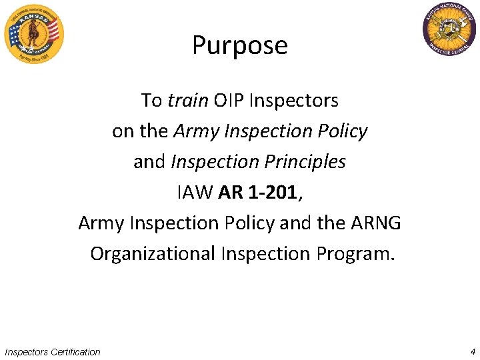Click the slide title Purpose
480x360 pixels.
pyautogui.click(x=240, y=45)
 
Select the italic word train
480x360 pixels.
pyautogui.click(x=187, y=101)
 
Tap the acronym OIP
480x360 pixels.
pyautogui.click(x=229, y=101)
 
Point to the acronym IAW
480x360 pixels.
pyautogui.click(x=195, y=193)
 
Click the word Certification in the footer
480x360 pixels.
pyautogui.click(x=75, y=352)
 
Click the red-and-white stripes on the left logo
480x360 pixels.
pyautogui.click(x=52, y=32)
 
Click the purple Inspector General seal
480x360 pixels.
pyautogui.click(x=449, y=31)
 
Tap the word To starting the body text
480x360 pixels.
pyautogui.click(x=151, y=101)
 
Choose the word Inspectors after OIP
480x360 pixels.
pyautogui.click(x=294, y=101)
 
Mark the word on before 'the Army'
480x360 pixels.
pyautogui.click(x=123, y=131)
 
